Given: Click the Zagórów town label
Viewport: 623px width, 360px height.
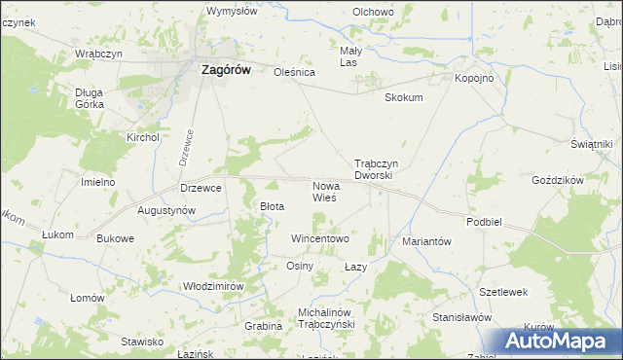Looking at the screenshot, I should pyautogui.click(x=226, y=69).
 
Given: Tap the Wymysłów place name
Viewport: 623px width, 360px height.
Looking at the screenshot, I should pyautogui.click(x=232, y=12).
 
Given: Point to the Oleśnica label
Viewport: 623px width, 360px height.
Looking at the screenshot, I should pyautogui.click(x=296, y=72).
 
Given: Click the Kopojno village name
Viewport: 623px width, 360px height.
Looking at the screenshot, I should pyautogui.click(x=474, y=78).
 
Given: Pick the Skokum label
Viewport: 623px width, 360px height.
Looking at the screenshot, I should pyautogui.click(x=404, y=97).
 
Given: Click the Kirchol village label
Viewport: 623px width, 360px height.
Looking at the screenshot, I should pyautogui.click(x=142, y=138).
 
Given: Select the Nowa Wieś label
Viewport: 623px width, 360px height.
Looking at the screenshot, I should pyautogui.click(x=324, y=191).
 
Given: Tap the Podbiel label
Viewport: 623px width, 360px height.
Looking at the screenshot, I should pyautogui.click(x=484, y=222).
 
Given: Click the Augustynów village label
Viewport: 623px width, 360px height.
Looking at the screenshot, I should pyautogui.click(x=166, y=210).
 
